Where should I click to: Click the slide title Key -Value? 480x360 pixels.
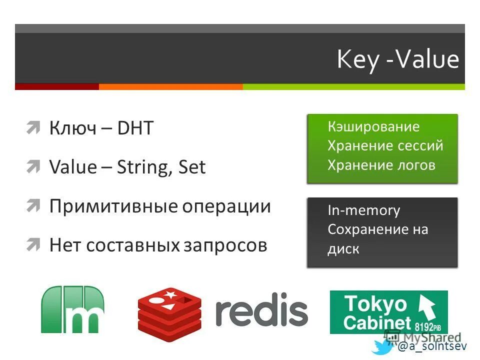(397, 60)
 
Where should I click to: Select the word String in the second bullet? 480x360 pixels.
(144, 167)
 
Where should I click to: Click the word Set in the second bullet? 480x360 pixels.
(192, 167)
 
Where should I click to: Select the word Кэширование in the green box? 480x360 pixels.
(373, 126)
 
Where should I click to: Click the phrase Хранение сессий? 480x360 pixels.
(385, 145)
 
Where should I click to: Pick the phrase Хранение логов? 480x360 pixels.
(381, 165)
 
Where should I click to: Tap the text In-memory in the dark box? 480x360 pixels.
(363, 210)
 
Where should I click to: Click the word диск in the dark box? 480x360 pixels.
(343, 249)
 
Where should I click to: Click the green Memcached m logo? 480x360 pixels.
(72, 309)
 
